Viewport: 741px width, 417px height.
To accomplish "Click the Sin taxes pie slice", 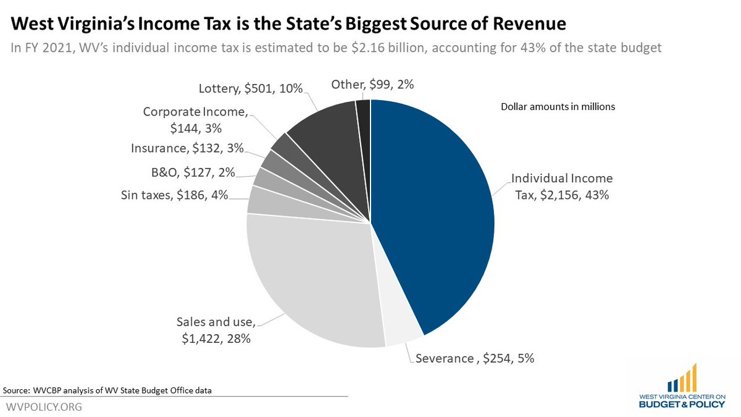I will pos(258,200).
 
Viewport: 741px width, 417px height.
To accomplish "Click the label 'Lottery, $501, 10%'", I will pos(251,88).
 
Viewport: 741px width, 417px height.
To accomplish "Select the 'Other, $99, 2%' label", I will pos(372,85).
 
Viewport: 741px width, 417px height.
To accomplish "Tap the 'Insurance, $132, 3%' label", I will pos(187,148).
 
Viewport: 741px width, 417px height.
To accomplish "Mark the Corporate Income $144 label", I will pos(195,120).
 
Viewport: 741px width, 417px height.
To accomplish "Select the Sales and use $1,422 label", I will pos(216,330).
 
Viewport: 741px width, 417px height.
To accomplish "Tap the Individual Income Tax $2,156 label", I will pos(561,187).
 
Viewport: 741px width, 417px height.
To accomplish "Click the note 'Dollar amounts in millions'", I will pos(558,107).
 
